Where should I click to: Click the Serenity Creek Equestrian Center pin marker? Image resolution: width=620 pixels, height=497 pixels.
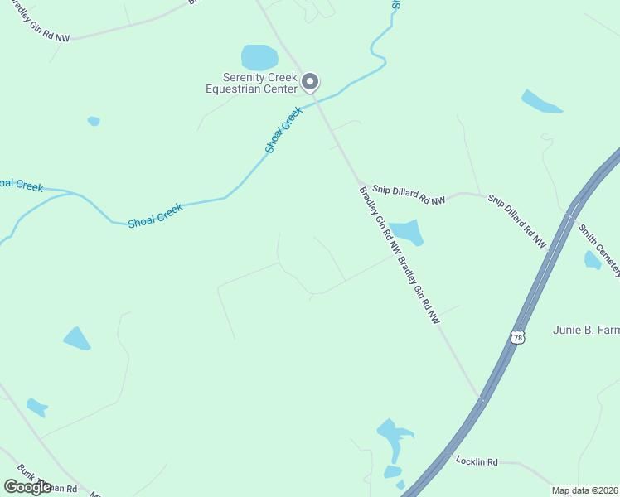coord(310,81)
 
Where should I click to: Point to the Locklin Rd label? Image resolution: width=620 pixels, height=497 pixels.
coord(476,461)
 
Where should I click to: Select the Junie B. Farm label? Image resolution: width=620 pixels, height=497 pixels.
coord(586,330)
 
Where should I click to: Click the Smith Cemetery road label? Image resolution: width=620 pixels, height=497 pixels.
coord(599,249)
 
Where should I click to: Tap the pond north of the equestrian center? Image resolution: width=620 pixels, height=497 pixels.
coord(259,57)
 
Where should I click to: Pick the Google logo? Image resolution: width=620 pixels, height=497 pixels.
coord(27,486)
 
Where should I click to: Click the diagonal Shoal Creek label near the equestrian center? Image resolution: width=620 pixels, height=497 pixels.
coord(283,130)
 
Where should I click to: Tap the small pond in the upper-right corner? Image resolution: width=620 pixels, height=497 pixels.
coord(540,102)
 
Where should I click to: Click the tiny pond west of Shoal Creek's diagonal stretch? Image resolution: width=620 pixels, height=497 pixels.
coord(94,121)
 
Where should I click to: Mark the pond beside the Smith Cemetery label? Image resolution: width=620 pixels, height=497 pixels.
coord(592,260)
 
